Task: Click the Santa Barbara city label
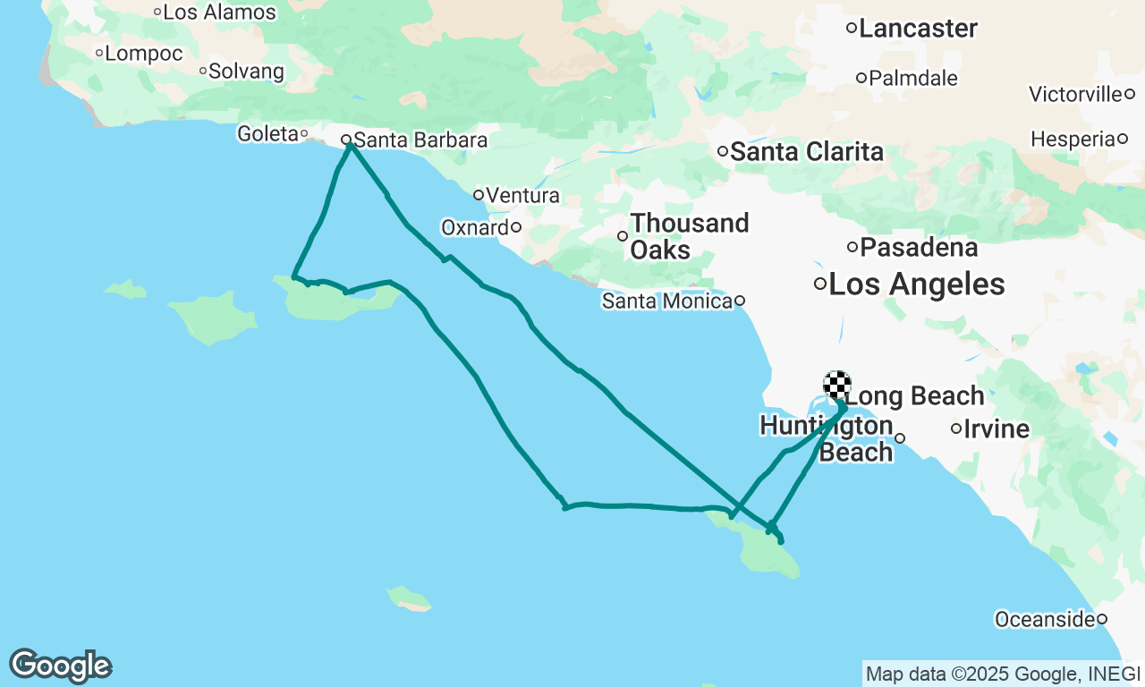pos(420,140)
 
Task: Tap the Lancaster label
pos(918,29)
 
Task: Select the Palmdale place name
pos(913,79)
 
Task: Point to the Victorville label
pos(1075,94)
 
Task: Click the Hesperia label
pos(1073,140)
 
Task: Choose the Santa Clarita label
pos(807,152)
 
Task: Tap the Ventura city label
pos(523,195)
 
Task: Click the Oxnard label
pos(475,228)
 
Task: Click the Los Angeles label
pos(916,285)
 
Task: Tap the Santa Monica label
pos(667,301)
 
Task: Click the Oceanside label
pos(1045,619)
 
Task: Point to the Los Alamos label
pos(220,13)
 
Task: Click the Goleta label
pos(267,134)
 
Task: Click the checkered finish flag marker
pos(836,385)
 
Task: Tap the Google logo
pos(60,666)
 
